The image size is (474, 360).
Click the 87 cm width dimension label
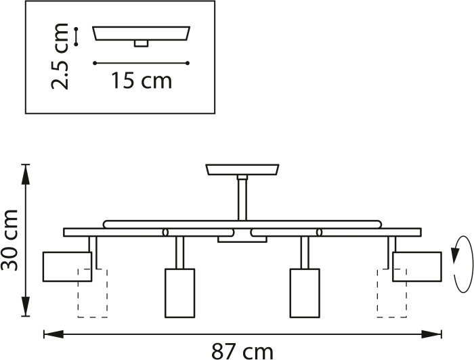pyautogui.click(x=242, y=351)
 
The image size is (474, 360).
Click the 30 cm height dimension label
pyautogui.click(x=9, y=240)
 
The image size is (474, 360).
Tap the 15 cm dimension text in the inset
pyautogui.click(x=142, y=81)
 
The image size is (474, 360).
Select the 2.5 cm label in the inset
pyautogui.click(x=60, y=56)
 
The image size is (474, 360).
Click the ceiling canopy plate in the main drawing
pyautogui.click(x=242, y=169)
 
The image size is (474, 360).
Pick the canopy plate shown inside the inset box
pyautogui.click(x=141, y=33)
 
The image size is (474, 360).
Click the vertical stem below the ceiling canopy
pyautogui.click(x=242, y=200)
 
